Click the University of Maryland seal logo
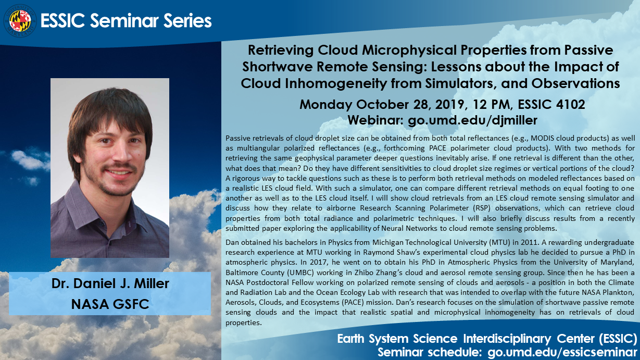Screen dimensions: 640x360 click(20, 21)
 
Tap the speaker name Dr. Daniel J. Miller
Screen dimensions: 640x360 click(110, 283)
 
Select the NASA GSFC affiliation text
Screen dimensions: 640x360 click(110, 304)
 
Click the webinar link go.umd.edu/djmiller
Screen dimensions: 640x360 click(472, 120)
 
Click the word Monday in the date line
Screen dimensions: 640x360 click(325, 105)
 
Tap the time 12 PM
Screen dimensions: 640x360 click(491, 104)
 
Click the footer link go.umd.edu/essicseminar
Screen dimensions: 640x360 click(562, 353)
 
